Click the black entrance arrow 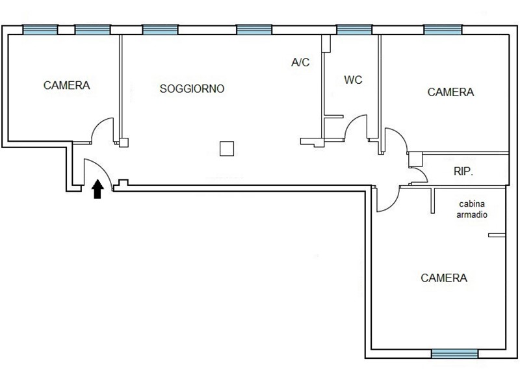(x=97, y=189)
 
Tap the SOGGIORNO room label (x=192, y=89)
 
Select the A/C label (x=300, y=62)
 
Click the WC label (x=353, y=80)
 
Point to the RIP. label (x=463, y=171)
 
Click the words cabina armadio (x=472, y=209)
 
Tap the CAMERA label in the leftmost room (x=67, y=85)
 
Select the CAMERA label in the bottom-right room (x=444, y=278)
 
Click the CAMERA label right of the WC (x=450, y=92)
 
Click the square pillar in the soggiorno (x=227, y=149)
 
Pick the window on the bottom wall (x=454, y=354)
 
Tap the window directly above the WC (x=354, y=30)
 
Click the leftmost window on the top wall (x=40, y=30)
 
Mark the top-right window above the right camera (x=443, y=30)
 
